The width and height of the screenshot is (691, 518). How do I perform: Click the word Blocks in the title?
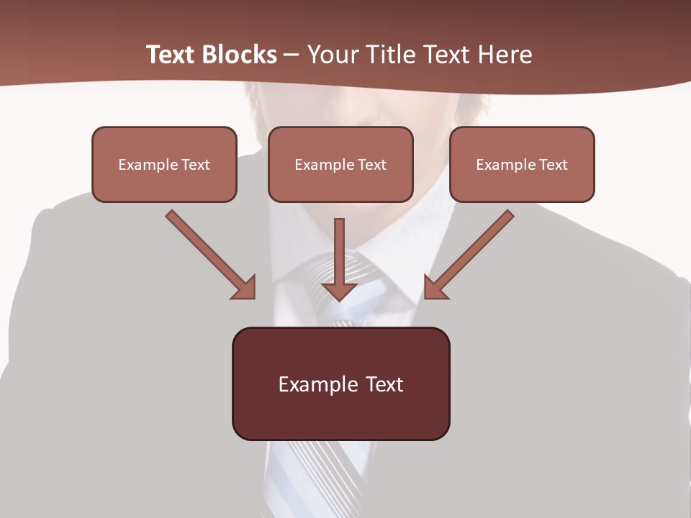click(237, 55)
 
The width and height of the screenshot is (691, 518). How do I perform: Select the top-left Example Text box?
click(164, 164)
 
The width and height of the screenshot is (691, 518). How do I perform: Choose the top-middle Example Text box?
click(340, 164)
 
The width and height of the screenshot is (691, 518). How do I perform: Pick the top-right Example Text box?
click(522, 164)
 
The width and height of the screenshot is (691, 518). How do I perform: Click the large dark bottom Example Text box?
click(340, 383)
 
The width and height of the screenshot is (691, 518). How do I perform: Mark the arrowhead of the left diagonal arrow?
click(245, 288)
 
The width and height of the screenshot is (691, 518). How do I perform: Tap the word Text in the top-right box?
click(554, 165)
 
